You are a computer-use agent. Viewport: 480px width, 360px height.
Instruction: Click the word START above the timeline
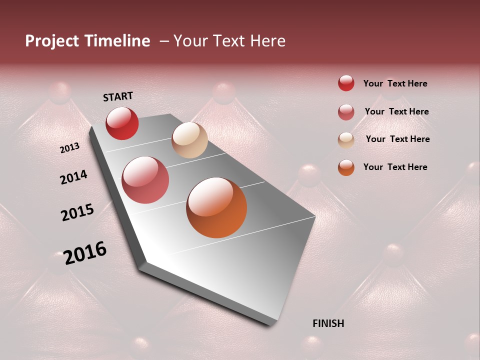click(118, 96)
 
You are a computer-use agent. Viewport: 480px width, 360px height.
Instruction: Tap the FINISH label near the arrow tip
click(328, 323)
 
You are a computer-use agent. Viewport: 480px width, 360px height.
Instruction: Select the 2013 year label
click(69, 148)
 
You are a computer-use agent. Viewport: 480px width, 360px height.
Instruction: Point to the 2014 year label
click(73, 177)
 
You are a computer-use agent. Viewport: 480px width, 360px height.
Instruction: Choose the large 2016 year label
click(85, 252)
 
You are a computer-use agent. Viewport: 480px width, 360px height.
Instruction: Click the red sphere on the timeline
click(122, 123)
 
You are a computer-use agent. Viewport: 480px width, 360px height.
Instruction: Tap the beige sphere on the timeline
click(189, 140)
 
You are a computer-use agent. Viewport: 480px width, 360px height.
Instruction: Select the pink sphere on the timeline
click(145, 180)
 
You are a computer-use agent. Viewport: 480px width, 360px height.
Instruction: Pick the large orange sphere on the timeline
click(216, 207)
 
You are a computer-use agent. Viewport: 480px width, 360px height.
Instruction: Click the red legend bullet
click(346, 83)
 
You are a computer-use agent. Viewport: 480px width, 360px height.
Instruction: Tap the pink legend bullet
click(346, 112)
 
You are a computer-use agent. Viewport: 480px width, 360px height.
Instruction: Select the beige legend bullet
click(346, 140)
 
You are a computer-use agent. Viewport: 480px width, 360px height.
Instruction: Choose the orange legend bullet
click(346, 167)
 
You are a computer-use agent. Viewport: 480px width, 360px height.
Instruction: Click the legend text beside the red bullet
click(395, 84)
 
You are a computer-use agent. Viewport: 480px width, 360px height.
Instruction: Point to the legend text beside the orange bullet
click(395, 167)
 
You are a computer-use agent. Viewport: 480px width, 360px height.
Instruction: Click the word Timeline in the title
click(117, 41)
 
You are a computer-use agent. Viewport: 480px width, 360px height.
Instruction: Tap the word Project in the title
click(52, 41)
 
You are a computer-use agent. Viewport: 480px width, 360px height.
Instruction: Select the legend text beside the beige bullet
click(397, 139)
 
